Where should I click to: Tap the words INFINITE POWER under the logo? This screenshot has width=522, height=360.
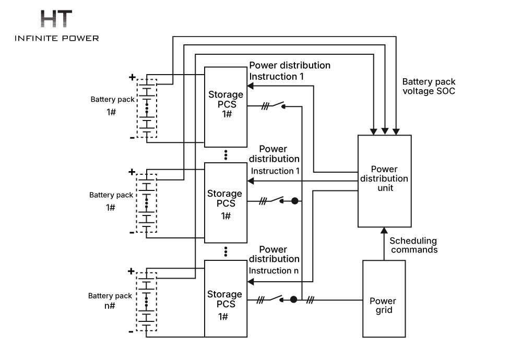point(56,38)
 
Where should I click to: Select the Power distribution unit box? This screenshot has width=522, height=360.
point(384,181)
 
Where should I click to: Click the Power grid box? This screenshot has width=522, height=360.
point(383,298)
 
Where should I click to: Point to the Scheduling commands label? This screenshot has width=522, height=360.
point(413,245)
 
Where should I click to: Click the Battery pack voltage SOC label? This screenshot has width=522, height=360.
point(429,86)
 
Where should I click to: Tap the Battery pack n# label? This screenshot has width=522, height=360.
point(110,301)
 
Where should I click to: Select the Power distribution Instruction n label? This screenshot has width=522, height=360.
point(274,260)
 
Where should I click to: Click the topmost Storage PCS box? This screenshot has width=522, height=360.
point(226,106)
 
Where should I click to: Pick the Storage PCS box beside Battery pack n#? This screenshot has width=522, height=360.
point(226,298)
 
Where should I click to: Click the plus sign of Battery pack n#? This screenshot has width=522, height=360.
point(131,271)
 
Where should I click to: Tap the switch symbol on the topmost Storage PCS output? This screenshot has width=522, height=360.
point(276,105)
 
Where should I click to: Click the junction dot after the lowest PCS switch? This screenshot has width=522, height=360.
point(294,299)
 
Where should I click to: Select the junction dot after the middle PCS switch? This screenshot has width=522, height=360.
point(294,201)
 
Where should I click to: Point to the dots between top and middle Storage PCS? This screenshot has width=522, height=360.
point(226,154)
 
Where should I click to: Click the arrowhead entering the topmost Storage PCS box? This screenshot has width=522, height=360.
point(251,86)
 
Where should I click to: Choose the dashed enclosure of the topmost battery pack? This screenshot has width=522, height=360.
point(147,109)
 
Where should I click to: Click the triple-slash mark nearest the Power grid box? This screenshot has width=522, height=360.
point(310,299)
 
